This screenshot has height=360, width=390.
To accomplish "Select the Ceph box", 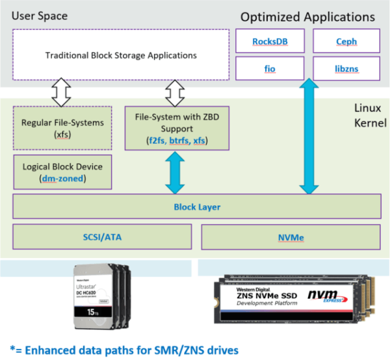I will tap(346, 43).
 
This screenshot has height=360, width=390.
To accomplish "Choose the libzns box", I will tap(346, 67).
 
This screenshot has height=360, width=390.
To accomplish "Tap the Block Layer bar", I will tap(196, 207).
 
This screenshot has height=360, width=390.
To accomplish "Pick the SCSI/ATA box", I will tap(103, 237).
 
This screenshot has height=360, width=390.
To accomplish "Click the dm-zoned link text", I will tap(63, 179).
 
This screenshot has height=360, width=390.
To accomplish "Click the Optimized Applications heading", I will tap(307, 16).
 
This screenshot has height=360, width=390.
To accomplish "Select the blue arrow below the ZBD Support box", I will tap(174, 173).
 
